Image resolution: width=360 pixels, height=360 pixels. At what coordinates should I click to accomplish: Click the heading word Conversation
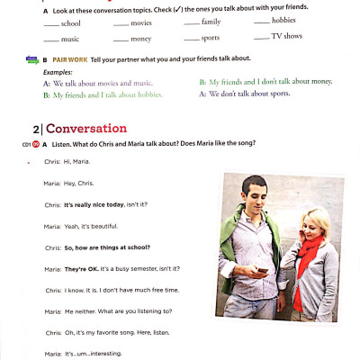(86, 128)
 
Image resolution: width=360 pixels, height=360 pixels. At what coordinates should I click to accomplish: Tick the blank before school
(50, 22)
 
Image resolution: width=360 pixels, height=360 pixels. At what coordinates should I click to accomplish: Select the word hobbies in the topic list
(283, 20)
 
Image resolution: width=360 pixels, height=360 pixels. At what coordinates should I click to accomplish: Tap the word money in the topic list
(140, 40)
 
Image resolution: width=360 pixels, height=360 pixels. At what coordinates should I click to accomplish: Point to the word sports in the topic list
(211, 39)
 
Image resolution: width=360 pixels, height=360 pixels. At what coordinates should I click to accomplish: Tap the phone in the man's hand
(262, 270)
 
